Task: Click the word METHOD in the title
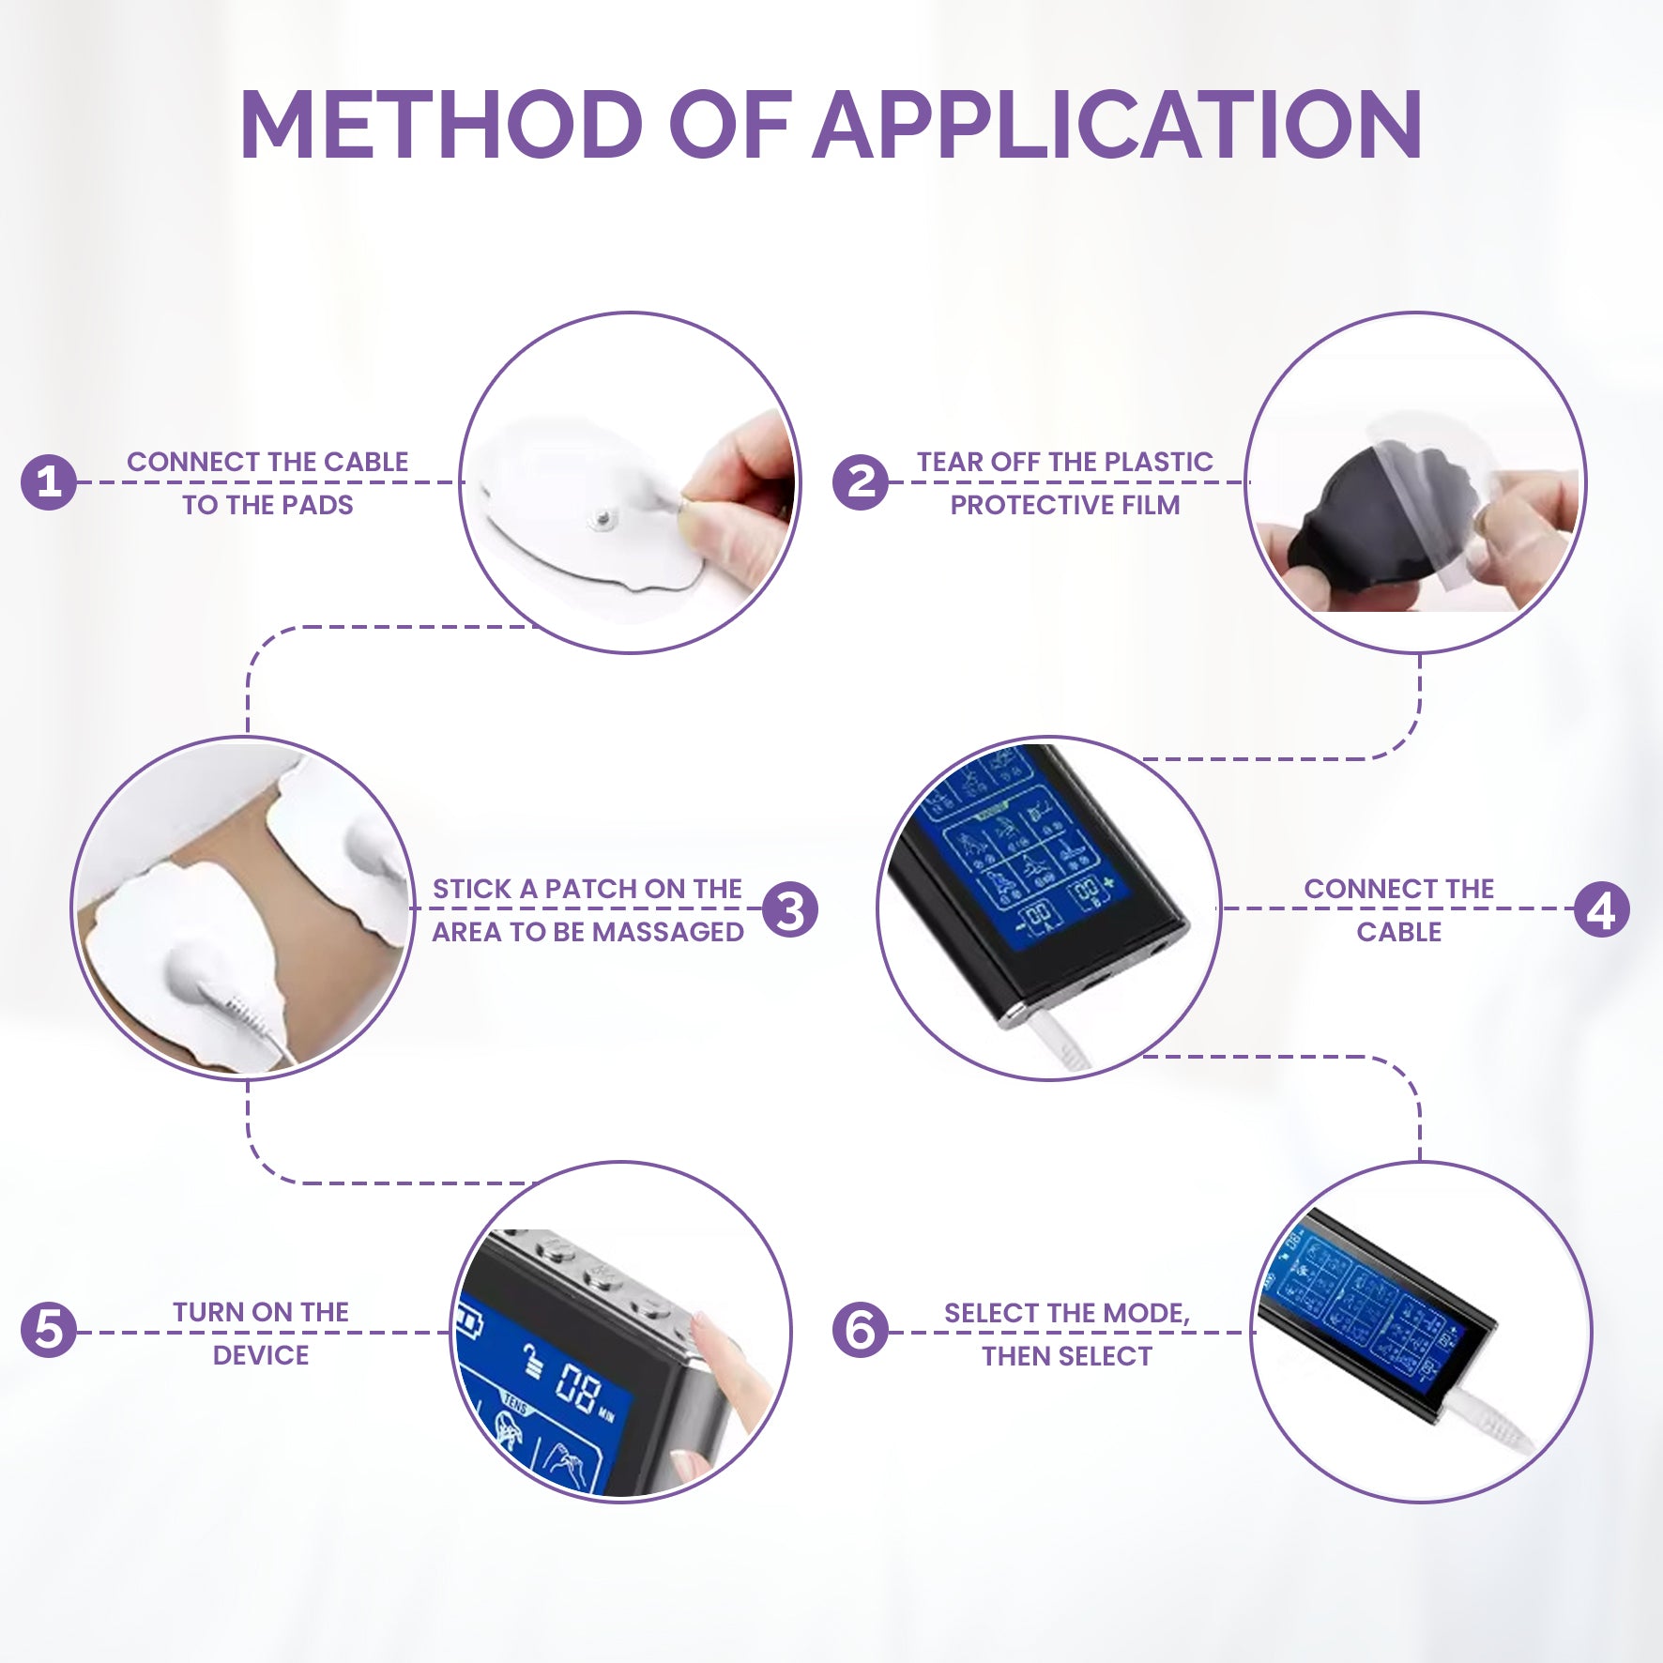441,124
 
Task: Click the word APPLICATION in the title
1118,124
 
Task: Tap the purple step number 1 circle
48,482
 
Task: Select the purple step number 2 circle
860,482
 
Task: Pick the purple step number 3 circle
790,909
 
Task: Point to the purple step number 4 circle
1602,909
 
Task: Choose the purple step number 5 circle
48,1331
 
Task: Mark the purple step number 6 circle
860,1331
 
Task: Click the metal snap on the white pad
600,517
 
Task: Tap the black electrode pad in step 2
1361,526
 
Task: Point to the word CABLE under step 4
1398,932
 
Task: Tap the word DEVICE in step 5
261,1355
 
